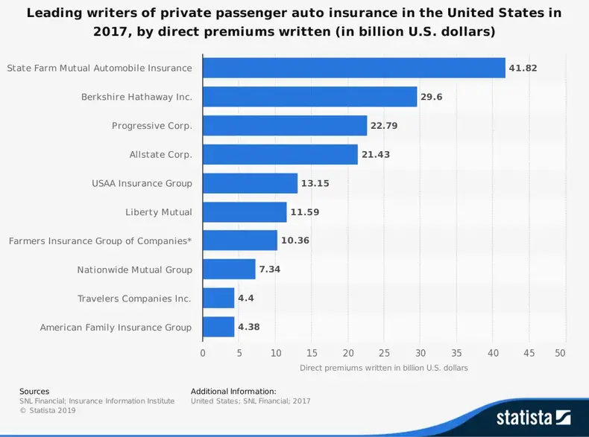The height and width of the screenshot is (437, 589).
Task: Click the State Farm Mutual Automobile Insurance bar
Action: click(x=353, y=68)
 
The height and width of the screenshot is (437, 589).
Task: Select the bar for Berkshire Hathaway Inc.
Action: click(x=309, y=97)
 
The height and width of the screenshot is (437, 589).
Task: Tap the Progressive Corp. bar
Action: click(x=285, y=125)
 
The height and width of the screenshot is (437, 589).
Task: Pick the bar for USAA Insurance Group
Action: click(x=250, y=183)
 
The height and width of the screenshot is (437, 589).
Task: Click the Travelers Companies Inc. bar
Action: click(x=218, y=299)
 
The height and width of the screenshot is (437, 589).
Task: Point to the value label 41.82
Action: click(x=523, y=68)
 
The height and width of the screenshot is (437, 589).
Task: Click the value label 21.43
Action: click(x=376, y=155)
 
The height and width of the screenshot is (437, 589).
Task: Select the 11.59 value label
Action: click(x=304, y=212)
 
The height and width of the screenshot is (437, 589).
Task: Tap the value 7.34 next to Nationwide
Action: click(x=270, y=269)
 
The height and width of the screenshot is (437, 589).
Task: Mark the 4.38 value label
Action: click(x=249, y=328)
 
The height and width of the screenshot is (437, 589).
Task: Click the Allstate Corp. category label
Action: click(x=160, y=155)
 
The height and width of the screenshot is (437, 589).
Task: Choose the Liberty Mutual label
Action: click(x=158, y=212)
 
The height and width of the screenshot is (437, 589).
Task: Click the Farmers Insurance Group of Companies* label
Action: click(x=100, y=241)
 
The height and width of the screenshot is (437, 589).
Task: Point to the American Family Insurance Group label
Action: click(x=116, y=328)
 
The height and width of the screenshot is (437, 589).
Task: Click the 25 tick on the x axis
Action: click(x=384, y=352)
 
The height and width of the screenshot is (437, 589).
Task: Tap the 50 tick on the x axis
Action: click(x=561, y=352)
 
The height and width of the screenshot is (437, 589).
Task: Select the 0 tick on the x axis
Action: click(x=203, y=352)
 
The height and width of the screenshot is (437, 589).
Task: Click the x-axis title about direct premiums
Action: click(x=383, y=368)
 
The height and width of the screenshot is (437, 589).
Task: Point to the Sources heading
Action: click(x=34, y=391)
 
